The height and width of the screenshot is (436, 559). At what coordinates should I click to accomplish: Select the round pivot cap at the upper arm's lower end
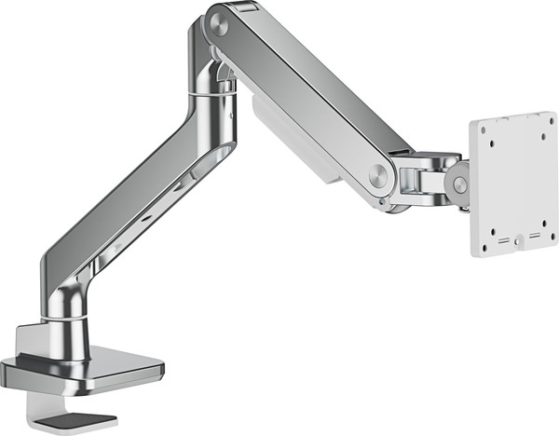(x=379, y=175)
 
